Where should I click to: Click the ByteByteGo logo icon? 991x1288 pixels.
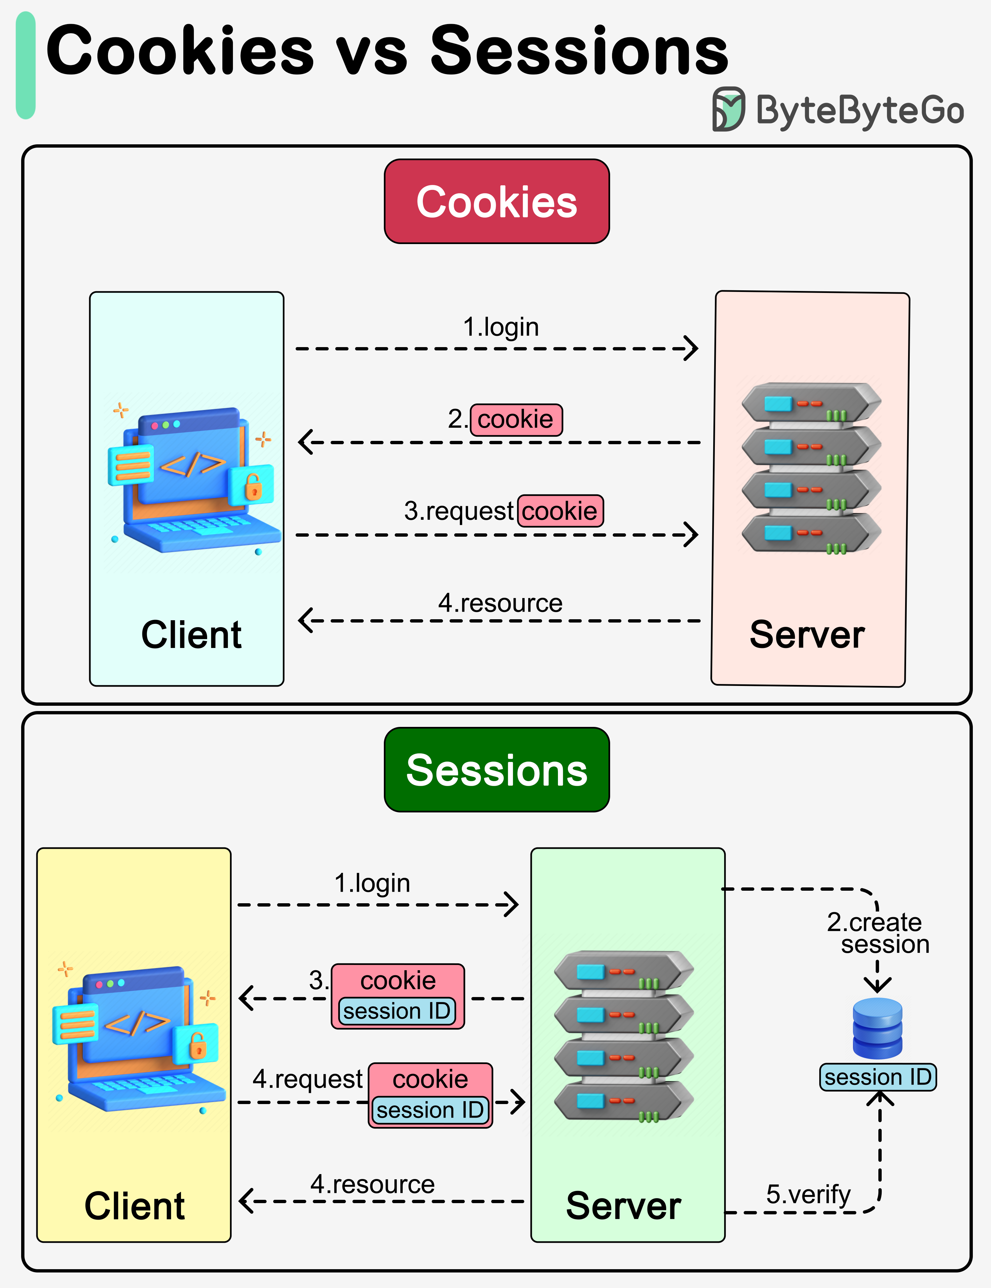coord(728,109)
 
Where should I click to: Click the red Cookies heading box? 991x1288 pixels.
coord(497,201)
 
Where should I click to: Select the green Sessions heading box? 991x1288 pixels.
coord(497,769)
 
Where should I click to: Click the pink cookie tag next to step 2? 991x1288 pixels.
coord(516,420)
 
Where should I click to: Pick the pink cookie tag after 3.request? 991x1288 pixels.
coord(560,511)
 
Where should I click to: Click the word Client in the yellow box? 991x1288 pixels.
coord(134,1206)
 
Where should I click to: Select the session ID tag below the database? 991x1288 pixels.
coord(877,1077)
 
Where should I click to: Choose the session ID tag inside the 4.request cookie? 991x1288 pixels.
coord(430,1110)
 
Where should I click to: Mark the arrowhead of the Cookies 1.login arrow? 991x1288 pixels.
coord(691,348)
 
